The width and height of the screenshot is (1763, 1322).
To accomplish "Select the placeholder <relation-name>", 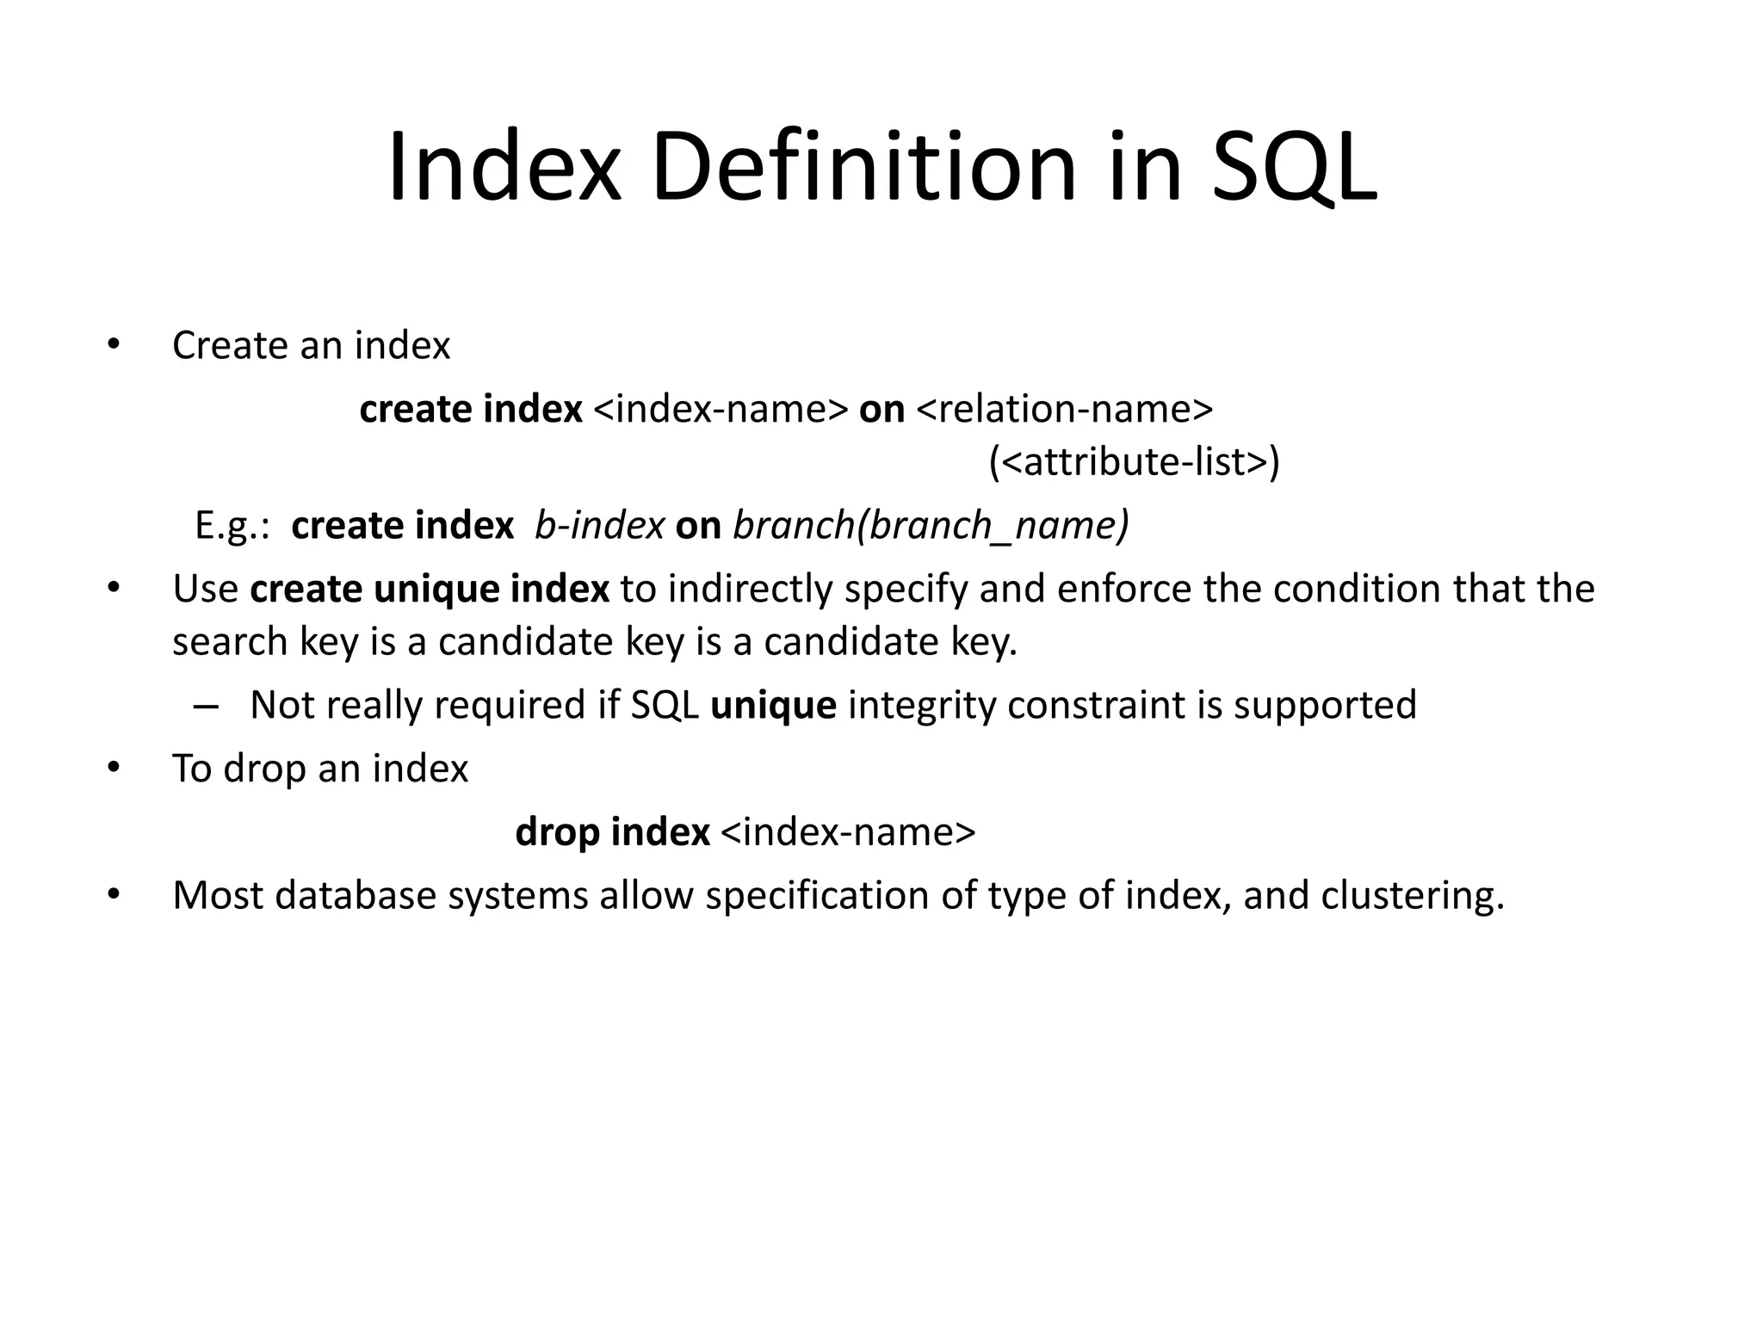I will pyautogui.click(x=1065, y=409).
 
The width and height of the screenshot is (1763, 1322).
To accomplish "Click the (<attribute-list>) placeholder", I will pyautogui.click(x=1134, y=462).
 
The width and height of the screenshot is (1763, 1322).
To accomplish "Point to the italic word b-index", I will pyautogui.click(x=599, y=525).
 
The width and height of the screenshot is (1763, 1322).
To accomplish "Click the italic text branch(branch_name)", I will pyautogui.click(x=930, y=525).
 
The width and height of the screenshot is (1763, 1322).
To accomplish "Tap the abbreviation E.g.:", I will pyautogui.click(x=232, y=525).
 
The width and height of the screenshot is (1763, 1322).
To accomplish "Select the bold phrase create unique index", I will pyautogui.click(x=430, y=590).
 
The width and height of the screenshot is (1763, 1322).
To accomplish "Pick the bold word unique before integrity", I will pyautogui.click(x=773, y=705).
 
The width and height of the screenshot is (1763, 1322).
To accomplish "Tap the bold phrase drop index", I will pyautogui.click(x=612, y=832).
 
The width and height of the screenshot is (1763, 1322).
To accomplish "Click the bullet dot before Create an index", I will pyautogui.click(x=112, y=346).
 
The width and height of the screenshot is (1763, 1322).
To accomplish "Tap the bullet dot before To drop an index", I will pyautogui.click(x=112, y=768).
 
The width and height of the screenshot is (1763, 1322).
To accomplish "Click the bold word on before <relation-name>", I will pyautogui.click(x=881, y=409).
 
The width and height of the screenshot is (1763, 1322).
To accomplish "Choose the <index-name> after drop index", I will pyautogui.click(x=848, y=832).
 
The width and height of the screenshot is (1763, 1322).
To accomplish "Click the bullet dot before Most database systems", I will pyautogui.click(x=112, y=895).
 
